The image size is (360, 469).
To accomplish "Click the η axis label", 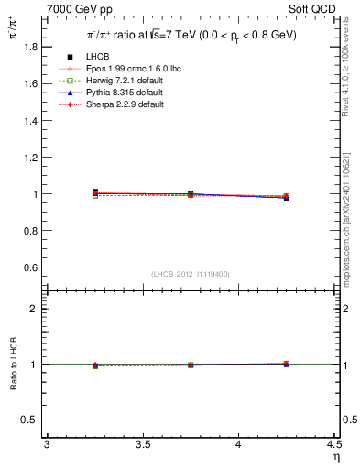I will (x=335, y=455).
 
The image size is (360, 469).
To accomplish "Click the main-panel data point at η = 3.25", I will (x=95, y=192).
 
